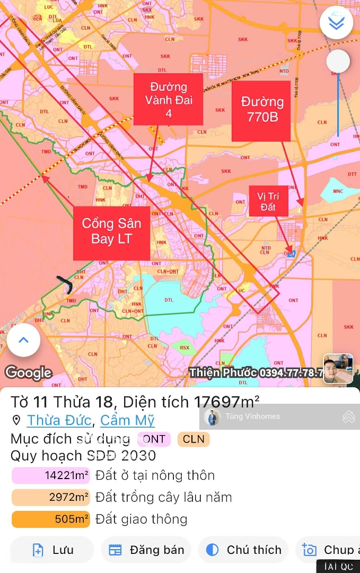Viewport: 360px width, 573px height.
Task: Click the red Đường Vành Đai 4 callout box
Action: pyautogui.click(x=168, y=99)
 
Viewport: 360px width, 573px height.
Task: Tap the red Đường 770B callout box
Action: pyautogui.click(x=261, y=110)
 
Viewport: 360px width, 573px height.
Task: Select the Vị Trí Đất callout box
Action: pyautogui.click(x=268, y=201)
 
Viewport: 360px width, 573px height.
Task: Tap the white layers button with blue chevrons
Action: pyautogui.click(x=337, y=22)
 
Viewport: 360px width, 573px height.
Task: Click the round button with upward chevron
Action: pyautogui.click(x=23, y=340)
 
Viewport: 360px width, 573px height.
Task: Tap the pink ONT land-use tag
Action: pyautogui.click(x=154, y=439)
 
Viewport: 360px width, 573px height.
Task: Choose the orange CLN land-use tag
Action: pyautogui.click(x=194, y=439)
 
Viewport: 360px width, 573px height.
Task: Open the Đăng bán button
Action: pyautogui.click(x=147, y=550)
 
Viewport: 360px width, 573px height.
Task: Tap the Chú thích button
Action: pyautogui.click(x=243, y=550)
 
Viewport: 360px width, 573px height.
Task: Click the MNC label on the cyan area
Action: pyautogui.click(x=338, y=192)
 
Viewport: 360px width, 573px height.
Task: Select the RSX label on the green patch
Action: pyautogui.click(x=185, y=348)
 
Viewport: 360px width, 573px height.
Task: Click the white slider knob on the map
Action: pyautogui.click(x=338, y=62)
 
